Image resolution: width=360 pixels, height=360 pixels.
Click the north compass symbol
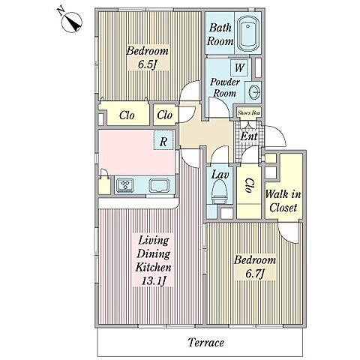[72, 22]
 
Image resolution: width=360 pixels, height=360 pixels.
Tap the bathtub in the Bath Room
[248, 34]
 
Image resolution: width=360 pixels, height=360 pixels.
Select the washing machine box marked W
[239, 67]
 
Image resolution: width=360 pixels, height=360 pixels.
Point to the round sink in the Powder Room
[253, 92]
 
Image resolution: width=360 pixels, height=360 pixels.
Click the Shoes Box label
[249, 112]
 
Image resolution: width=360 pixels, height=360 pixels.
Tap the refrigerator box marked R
[163, 140]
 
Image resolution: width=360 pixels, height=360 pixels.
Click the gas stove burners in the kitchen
[124, 185]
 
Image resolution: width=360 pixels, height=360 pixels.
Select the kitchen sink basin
[159, 186]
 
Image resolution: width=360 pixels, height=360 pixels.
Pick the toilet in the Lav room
[220, 192]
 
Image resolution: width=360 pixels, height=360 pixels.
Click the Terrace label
[206, 342]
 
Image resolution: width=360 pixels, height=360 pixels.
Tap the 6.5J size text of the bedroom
[147, 64]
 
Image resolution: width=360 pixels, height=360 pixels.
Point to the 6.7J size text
[255, 274]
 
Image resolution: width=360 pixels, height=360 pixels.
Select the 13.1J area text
[154, 280]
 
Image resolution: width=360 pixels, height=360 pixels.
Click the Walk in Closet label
[283, 201]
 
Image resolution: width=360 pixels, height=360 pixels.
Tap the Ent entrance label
[249, 136]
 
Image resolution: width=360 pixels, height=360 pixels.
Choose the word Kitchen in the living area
[153, 267]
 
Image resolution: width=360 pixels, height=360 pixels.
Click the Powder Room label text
[225, 88]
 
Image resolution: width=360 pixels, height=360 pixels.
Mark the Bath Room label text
[220, 34]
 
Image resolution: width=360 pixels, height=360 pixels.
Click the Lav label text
[220, 174]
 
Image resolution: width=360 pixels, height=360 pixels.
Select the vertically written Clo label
[249, 185]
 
